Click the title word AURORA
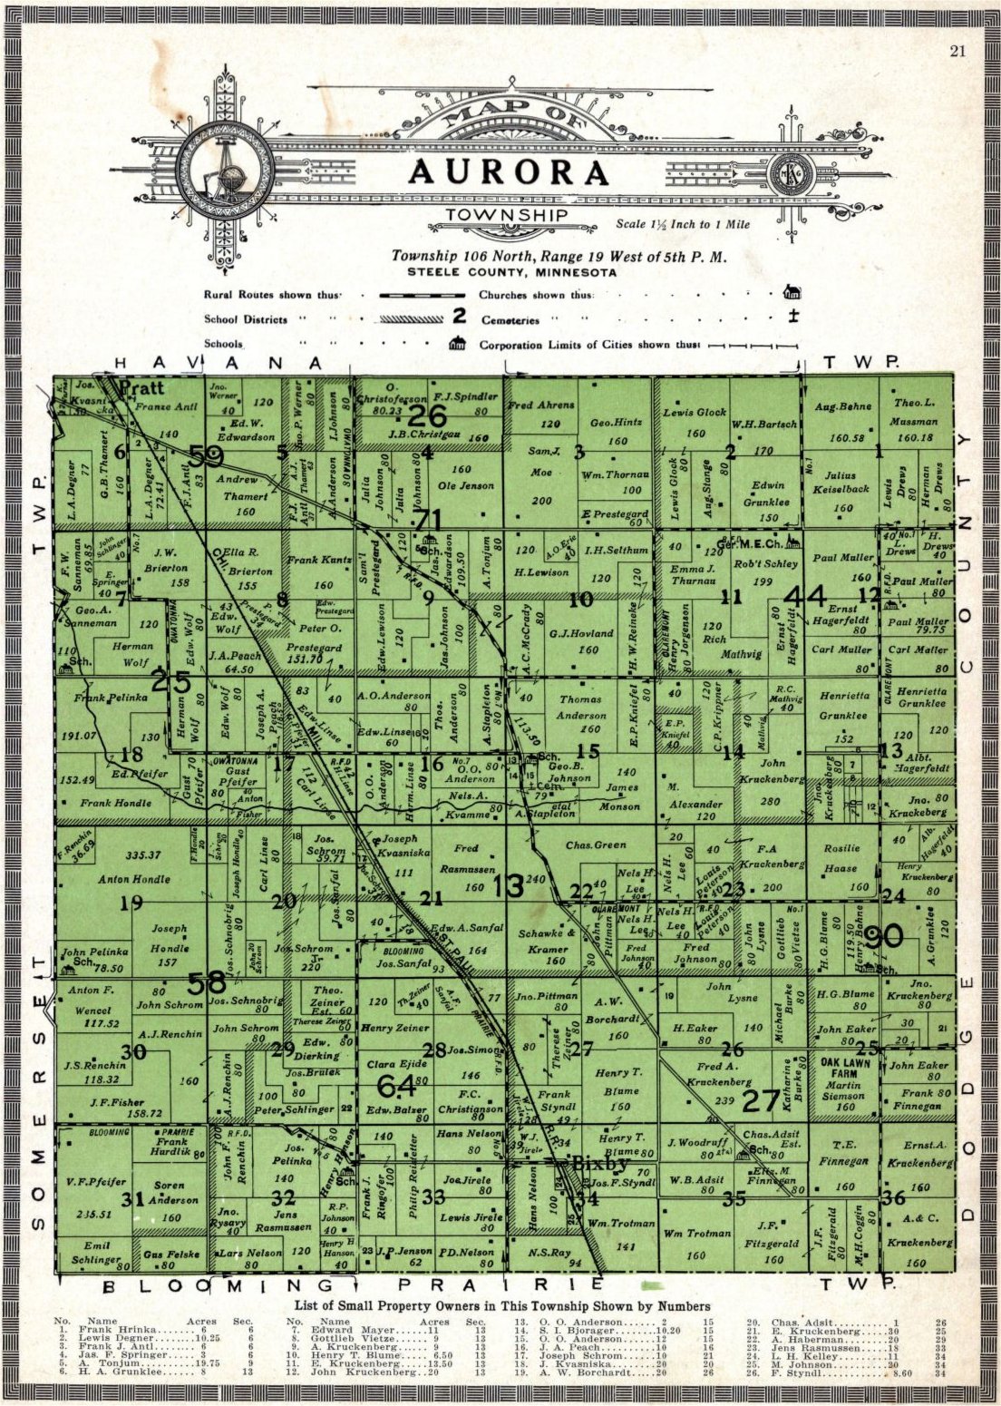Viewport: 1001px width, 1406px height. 508,172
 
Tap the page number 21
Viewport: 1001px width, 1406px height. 957,51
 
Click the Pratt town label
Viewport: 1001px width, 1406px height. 142,388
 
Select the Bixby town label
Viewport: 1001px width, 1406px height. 598,1164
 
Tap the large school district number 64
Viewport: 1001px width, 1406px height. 396,1084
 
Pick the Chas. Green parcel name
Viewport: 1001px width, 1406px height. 595,845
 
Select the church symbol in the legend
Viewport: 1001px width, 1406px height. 792,292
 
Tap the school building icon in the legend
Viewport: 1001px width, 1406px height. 457,343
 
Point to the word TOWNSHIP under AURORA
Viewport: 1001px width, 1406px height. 507,215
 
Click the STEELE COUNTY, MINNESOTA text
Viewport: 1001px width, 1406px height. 511,272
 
